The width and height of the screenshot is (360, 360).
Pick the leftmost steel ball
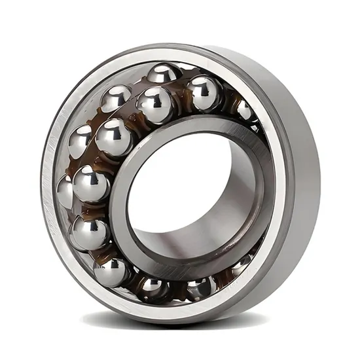point(65,192)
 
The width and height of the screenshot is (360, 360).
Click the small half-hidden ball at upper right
point(245,110)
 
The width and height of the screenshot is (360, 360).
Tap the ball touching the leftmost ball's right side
point(90,184)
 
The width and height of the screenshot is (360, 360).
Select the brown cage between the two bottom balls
point(172,288)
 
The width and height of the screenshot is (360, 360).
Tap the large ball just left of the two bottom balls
point(111,270)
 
